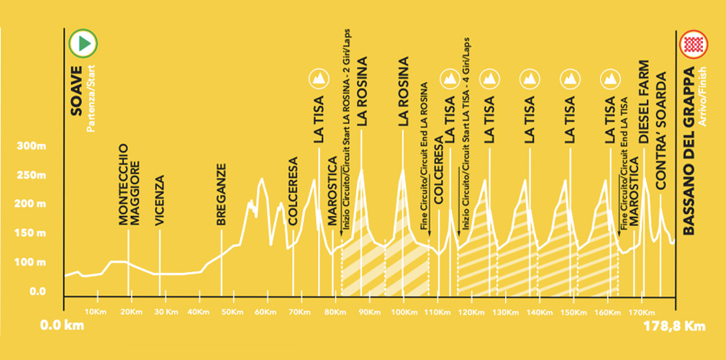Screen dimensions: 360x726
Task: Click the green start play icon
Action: tap(83, 43)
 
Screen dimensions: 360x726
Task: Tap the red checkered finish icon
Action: tap(693, 44)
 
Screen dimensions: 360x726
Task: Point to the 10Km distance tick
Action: tap(95, 312)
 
